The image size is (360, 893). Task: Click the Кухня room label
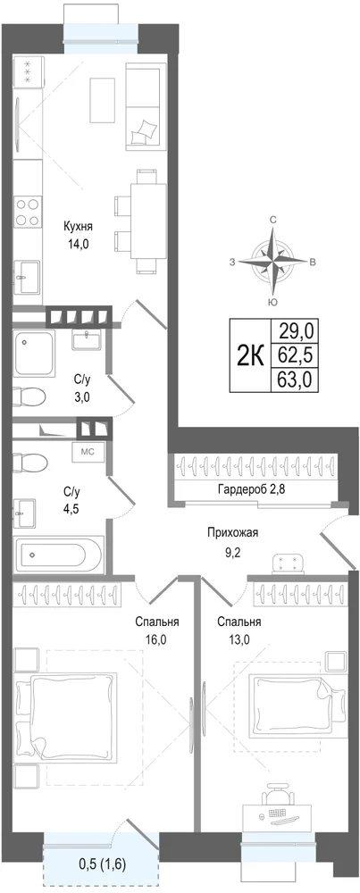tap(78, 227)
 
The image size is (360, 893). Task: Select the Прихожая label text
tap(232, 533)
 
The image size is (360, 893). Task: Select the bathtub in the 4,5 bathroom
tap(59, 554)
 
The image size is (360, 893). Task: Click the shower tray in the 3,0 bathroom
tap(34, 354)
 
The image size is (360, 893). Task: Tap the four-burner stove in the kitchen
tap(28, 212)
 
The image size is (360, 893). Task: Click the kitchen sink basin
tap(27, 277)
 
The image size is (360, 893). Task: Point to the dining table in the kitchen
tap(147, 221)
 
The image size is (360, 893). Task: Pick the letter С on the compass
tap(273, 220)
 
